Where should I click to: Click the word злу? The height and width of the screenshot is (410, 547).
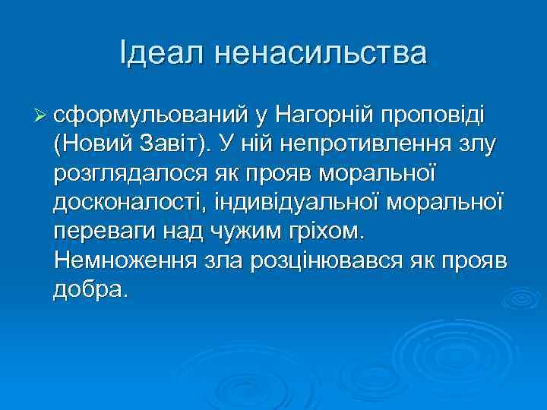[473, 144]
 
